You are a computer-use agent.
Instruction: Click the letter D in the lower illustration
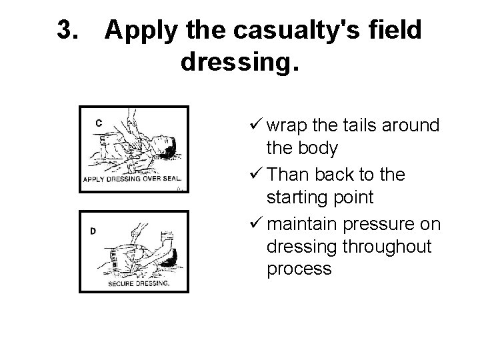point(93,231)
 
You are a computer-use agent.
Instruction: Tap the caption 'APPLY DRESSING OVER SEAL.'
point(135,179)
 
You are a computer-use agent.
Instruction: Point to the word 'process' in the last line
point(298,269)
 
